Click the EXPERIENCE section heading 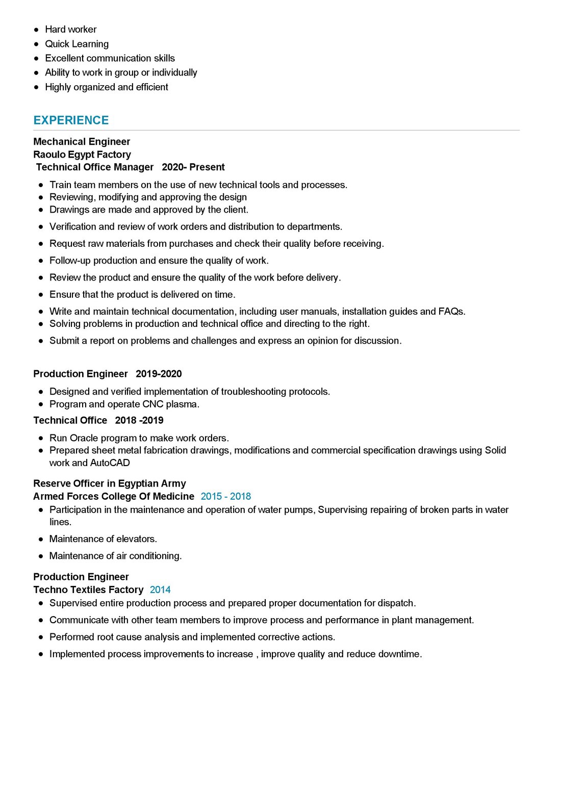coord(71,120)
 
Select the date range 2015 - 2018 coord(225,497)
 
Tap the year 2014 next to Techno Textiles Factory coord(160,590)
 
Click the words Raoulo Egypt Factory coord(82,155)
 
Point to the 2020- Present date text coord(193,167)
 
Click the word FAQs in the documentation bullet coord(451,312)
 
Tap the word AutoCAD coord(110,463)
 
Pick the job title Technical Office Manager coord(95,167)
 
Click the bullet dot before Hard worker coord(36,30)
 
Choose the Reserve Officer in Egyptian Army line coord(110,483)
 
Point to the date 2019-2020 coord(159,374)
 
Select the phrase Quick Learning coord(76,44)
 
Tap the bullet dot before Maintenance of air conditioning coord(41,556)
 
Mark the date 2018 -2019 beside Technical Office coord(139,421)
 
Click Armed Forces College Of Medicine coord(114,497)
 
